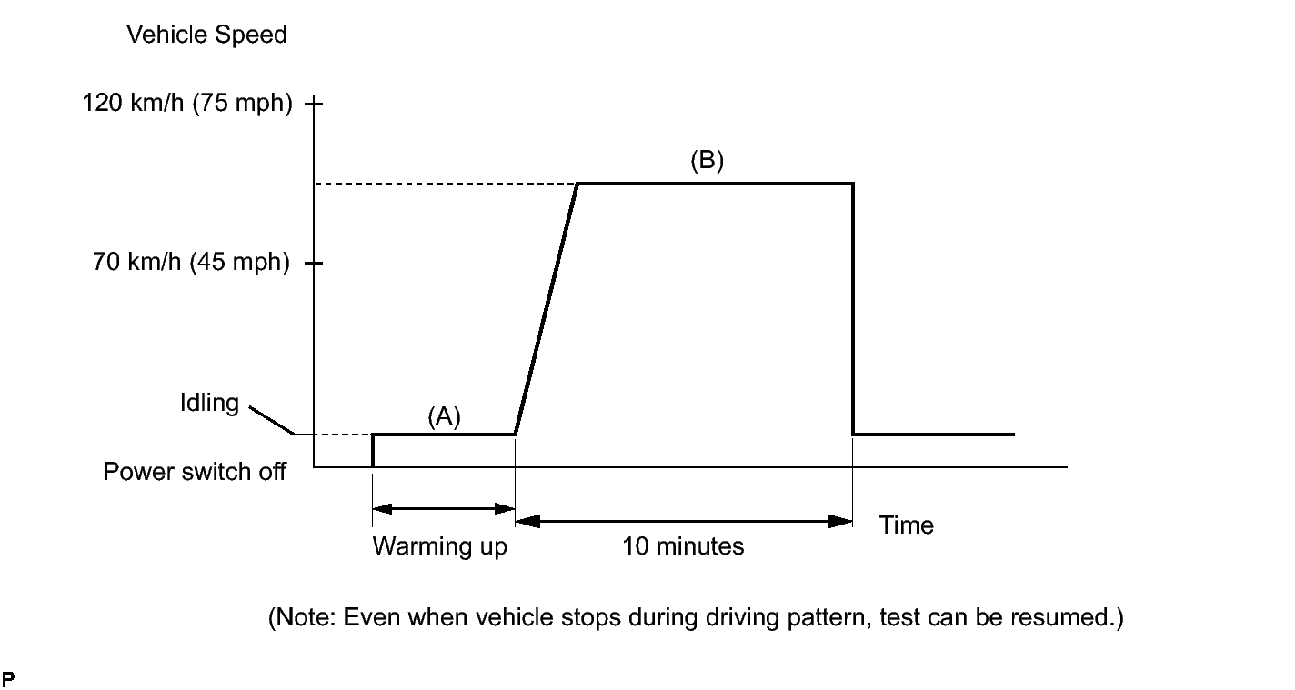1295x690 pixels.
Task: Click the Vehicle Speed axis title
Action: tap(206, 35)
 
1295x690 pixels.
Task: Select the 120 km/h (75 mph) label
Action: tap(187, 104)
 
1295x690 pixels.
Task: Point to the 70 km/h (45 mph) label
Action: tap(191, 265)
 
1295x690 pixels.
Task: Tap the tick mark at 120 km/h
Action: tap(314, 104)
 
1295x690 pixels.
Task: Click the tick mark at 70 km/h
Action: tap(314, 264)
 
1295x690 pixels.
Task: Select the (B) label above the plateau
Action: tap(707, 161)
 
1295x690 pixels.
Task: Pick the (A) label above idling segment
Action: tap(445, 416)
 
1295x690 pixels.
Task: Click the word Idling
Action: tap(209, 403)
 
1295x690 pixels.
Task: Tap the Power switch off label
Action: tap(195, 472)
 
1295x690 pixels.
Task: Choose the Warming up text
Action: tap(439, 547)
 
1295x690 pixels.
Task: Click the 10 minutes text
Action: tap(683, 547)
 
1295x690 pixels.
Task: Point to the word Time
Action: tap(906, 525)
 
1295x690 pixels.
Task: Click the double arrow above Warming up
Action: tap(444, 509)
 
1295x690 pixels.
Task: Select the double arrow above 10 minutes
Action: tap(684, 521)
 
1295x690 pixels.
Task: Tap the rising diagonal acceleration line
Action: tap(546, 309)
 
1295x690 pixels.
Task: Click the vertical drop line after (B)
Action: tap(853, 309)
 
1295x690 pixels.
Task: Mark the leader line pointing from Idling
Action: tap(270, 419)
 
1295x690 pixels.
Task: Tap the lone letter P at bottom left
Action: tap(8, 678)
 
